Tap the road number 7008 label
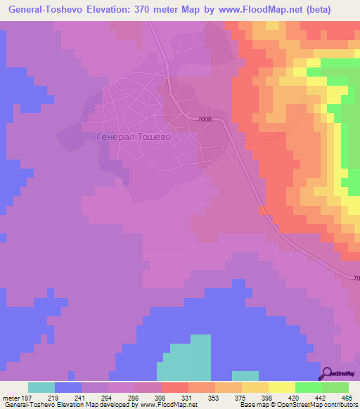[x=204, y=119]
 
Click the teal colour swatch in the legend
[x=41, y=387]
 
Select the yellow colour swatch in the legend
[x=282, y=387]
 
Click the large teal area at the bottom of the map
[x=184, y=358]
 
